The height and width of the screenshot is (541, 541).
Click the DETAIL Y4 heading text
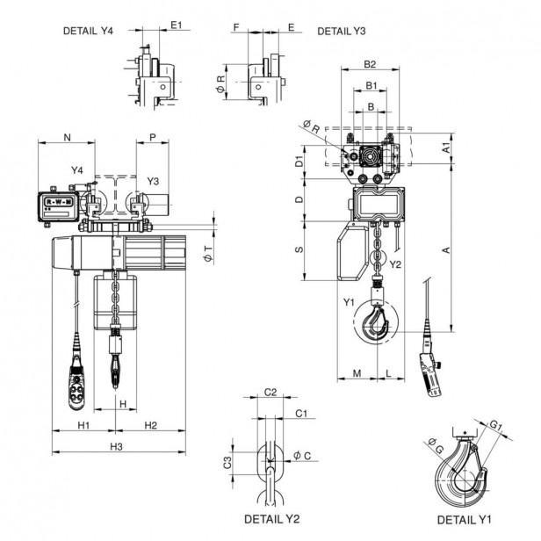click(88, 31)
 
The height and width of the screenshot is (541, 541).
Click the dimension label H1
click(83, 425)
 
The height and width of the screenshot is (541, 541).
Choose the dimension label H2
click(150, 425)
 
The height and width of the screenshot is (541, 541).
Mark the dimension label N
click(68, 136)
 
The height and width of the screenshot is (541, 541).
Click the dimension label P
click(153, 136)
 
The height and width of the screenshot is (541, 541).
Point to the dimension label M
click(356, 373)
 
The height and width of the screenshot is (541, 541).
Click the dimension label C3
click(227, 461)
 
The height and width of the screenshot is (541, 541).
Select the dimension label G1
click(496, 427)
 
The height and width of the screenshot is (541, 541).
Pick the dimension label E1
click(177, 25)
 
